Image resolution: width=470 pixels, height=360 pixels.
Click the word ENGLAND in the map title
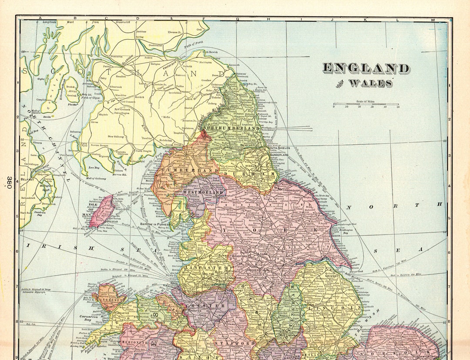coord(366,68)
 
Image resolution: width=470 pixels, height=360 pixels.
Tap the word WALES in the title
coord(370,83)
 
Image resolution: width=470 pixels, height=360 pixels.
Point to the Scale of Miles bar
coord(366,104)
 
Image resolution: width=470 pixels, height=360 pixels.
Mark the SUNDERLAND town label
coord(279,155)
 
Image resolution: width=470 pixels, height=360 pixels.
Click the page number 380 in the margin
coord(8,182)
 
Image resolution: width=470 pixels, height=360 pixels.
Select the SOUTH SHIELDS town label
coord(279,148)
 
